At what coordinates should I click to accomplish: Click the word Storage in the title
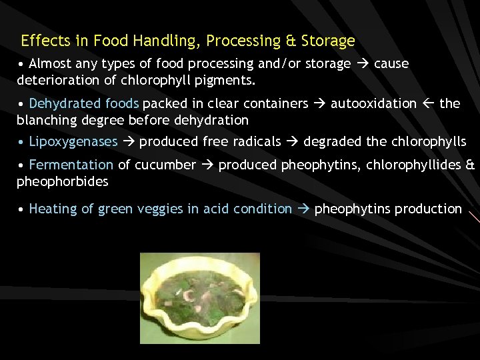[x=328, y=41]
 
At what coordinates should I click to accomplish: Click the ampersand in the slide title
[x=290, y=41]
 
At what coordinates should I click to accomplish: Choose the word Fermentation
[x=71, y=165]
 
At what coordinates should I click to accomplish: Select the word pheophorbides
[x=62, y=181]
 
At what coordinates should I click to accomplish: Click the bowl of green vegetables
[x=199, y=297]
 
